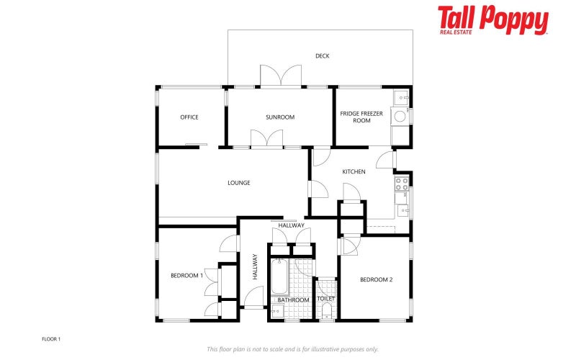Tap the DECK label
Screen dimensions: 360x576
(322, 56)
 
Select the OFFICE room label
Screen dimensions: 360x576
(189, 117)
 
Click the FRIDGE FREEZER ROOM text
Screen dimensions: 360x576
(361, 117)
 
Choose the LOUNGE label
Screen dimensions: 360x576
(239, 183)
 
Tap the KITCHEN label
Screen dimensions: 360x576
(354, 172)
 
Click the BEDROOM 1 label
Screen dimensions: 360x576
(186, 275)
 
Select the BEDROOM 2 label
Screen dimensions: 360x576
(376, 279)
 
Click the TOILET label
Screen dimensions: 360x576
(326, 298)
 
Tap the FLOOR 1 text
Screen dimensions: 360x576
(51, 338)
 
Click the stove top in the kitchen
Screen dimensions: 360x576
(401, 184)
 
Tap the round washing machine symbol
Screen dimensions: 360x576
(400, 116)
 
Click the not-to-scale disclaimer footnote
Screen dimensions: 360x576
(292, 349)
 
